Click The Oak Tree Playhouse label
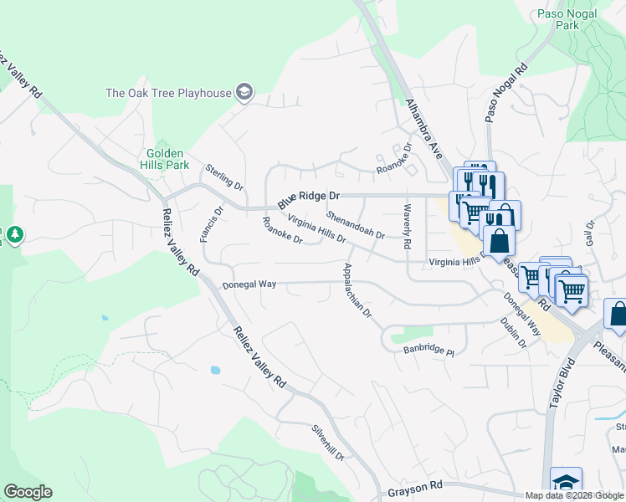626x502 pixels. point(167,93)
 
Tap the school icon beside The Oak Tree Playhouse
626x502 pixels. point(245,92)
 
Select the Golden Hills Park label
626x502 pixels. point(169,159)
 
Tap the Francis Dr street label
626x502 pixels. point(213,224)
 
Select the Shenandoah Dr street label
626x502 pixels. point(355,223)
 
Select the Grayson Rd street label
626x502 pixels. point(415,486)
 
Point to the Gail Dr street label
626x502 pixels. point(589,232)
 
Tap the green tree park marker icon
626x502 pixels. point(15,236)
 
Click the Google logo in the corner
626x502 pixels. point(28,492)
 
